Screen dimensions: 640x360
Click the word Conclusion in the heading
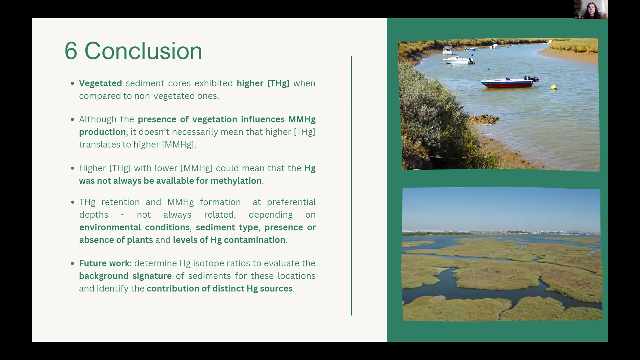(x=143, y=51)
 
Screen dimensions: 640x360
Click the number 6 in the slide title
(x=71, y=51)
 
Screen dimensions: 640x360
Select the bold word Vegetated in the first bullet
(x=100, y=84)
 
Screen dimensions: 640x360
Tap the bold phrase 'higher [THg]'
(x=263, y=84)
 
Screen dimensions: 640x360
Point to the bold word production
(x=102, y=132)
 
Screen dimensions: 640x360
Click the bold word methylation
(x=236, y=181)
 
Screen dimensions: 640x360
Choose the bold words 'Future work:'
(x=105, y=263)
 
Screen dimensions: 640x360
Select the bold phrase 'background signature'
(x=125, y=276)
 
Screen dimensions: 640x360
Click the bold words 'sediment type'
(x=227, y=228)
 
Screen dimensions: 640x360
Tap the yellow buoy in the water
(x=554, y=87)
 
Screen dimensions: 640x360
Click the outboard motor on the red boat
(x=534, y=79)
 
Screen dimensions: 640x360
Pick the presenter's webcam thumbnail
(x=591, y=9)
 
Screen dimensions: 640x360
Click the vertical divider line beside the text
(x=351, y=186)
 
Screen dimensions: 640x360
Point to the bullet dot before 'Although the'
(x=73, y=119)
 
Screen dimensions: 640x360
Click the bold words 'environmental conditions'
(x=134, y=228)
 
